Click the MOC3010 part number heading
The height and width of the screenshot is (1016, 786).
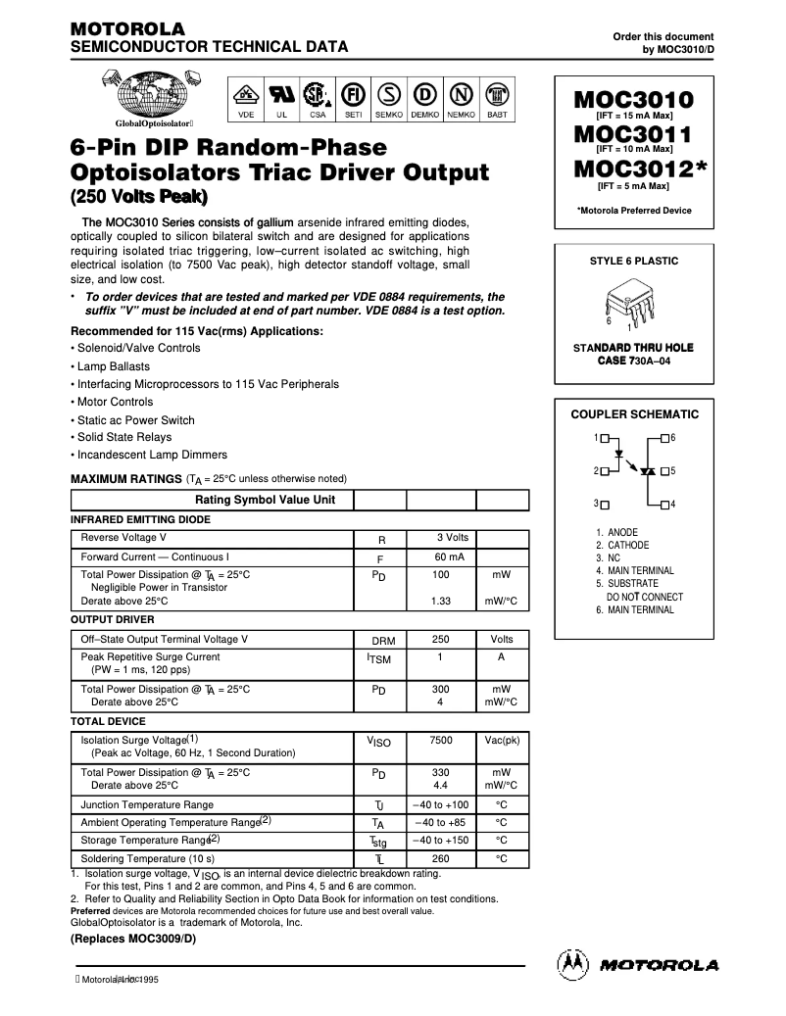(x=632, y=99)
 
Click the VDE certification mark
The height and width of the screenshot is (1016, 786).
(x=246, y=95)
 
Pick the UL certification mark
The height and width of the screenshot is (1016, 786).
(x=281, y=95)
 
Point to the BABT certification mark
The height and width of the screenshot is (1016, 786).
(x=497, y=95)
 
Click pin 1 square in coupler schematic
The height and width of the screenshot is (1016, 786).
(x=605, y=437)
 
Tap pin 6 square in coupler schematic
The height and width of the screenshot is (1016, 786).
(x=664, y=437)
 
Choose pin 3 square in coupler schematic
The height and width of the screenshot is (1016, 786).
(x=605, y=504)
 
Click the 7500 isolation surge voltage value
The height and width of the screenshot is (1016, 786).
(x=441, y=740)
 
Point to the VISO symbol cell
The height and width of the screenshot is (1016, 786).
(x=379, y=743)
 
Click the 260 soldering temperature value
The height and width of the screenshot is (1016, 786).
(x=441, y=858)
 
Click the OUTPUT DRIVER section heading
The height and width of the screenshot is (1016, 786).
(x=113, y=619)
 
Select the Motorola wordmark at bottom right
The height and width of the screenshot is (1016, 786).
(x=660, y=965)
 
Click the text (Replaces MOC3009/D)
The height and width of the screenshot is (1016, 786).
(x=133, y=939)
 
